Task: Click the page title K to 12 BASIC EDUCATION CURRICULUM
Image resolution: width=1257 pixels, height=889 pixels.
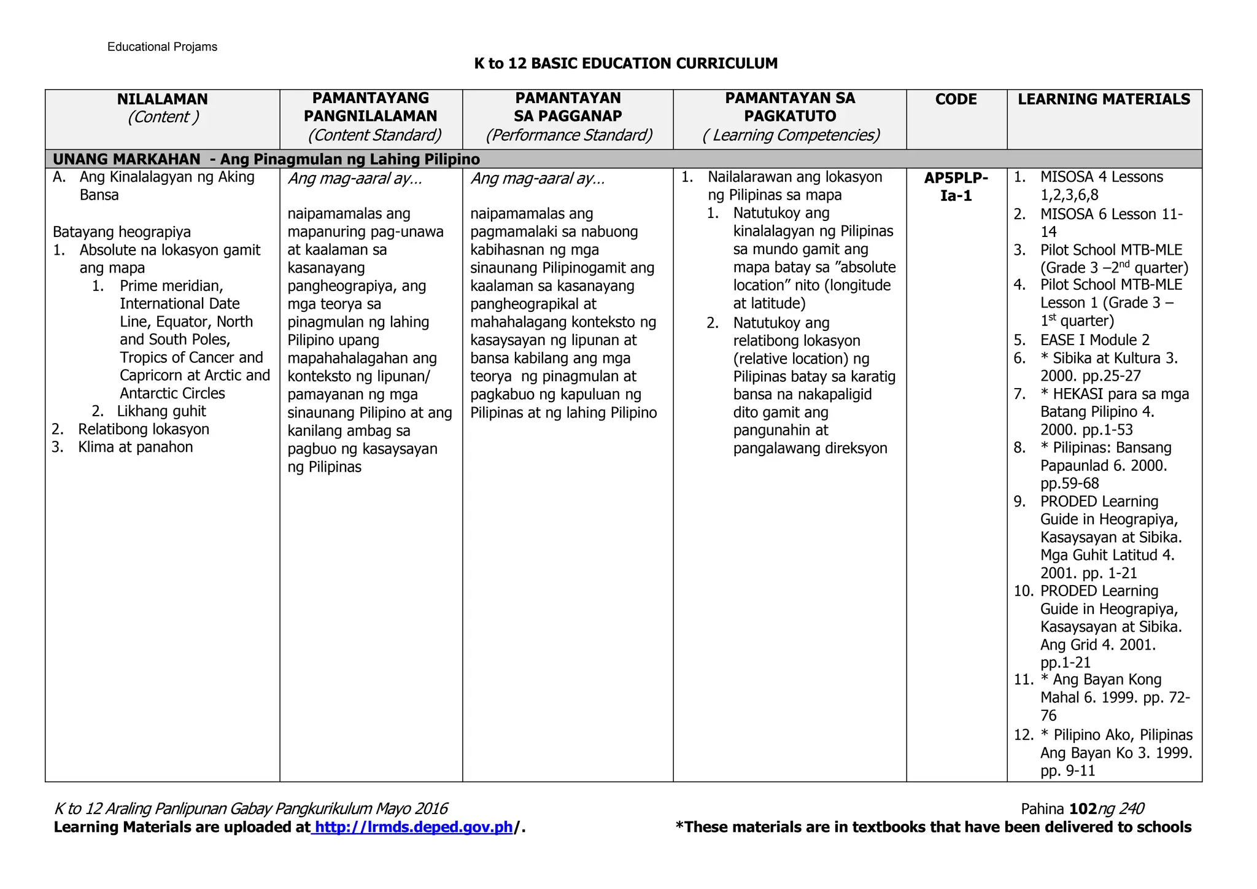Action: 625,63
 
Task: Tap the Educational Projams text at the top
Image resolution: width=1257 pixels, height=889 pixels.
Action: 162,47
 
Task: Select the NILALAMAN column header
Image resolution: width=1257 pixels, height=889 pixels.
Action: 163,99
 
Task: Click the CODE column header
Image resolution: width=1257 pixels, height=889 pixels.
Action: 956,99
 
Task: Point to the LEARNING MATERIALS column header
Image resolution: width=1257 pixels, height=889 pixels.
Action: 1104,99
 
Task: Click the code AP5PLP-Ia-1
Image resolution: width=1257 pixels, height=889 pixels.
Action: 956,187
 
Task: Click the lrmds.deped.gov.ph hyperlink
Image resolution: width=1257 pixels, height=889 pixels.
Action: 413,827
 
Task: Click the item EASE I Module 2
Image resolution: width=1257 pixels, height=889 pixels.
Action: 1094,340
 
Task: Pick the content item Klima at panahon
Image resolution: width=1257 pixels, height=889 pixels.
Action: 135,447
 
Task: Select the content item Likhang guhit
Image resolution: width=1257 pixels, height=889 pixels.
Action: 161,411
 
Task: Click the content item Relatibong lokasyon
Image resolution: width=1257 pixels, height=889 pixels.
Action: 144,429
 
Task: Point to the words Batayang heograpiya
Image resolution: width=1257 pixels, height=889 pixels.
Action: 122,232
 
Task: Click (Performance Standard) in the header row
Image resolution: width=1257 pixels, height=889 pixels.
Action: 568,135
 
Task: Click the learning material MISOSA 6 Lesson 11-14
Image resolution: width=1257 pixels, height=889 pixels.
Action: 1111,214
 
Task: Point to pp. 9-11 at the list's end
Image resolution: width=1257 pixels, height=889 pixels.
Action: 1067,771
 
